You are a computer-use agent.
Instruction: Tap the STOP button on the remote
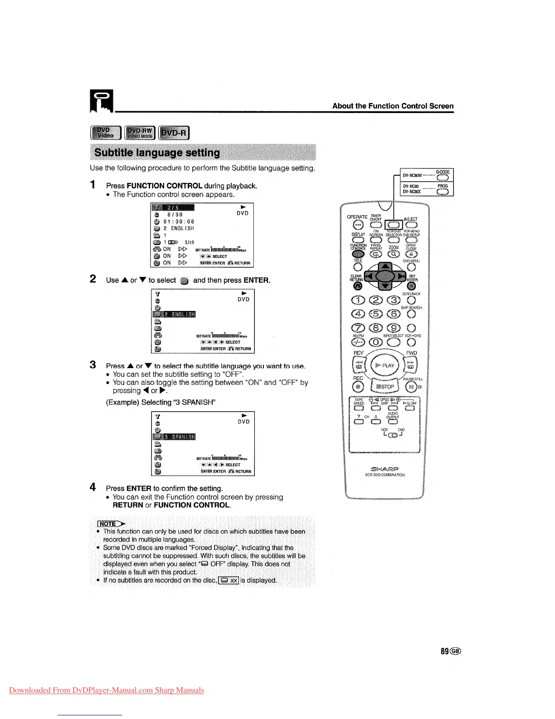pyautogui.click(x=385, y=386)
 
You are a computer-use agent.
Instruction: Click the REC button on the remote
pyautogui.click(x=359, y=387)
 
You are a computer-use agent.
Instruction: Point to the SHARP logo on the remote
pyautogui.click(x=385, y=468)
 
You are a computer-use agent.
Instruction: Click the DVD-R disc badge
pyautogui.click(x=174, y=133)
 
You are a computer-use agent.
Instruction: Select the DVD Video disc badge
pyautogui.click(x=106, y=133)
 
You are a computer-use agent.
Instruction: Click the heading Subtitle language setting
pyautogui.click(x=157, y=153)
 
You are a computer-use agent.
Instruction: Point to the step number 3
pyautogui.click(x=93, y=365)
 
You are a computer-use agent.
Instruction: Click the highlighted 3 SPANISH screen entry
pyautogui.click(x=174, y=437)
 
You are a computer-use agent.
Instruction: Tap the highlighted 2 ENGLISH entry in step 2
pyautogui.click(x=174, y=314)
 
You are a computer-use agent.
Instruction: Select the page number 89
pyautogui.click(x=445, y=651)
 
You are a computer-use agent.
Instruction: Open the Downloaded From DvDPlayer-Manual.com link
pyautogui.click(x=107, y=690)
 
